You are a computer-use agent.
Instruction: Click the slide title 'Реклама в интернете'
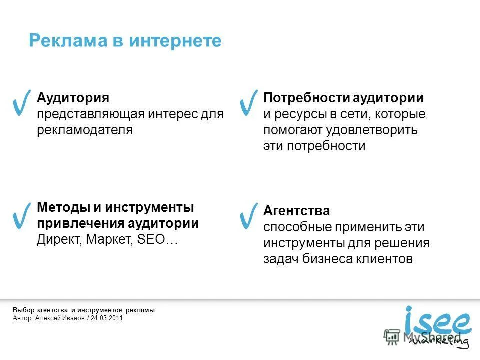[125, 41]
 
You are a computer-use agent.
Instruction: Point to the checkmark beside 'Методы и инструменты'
[22, 216]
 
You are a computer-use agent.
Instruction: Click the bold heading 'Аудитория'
[73, 98]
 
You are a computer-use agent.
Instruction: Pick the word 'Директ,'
[59, 239]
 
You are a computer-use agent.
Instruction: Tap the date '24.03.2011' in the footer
[107, 318]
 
